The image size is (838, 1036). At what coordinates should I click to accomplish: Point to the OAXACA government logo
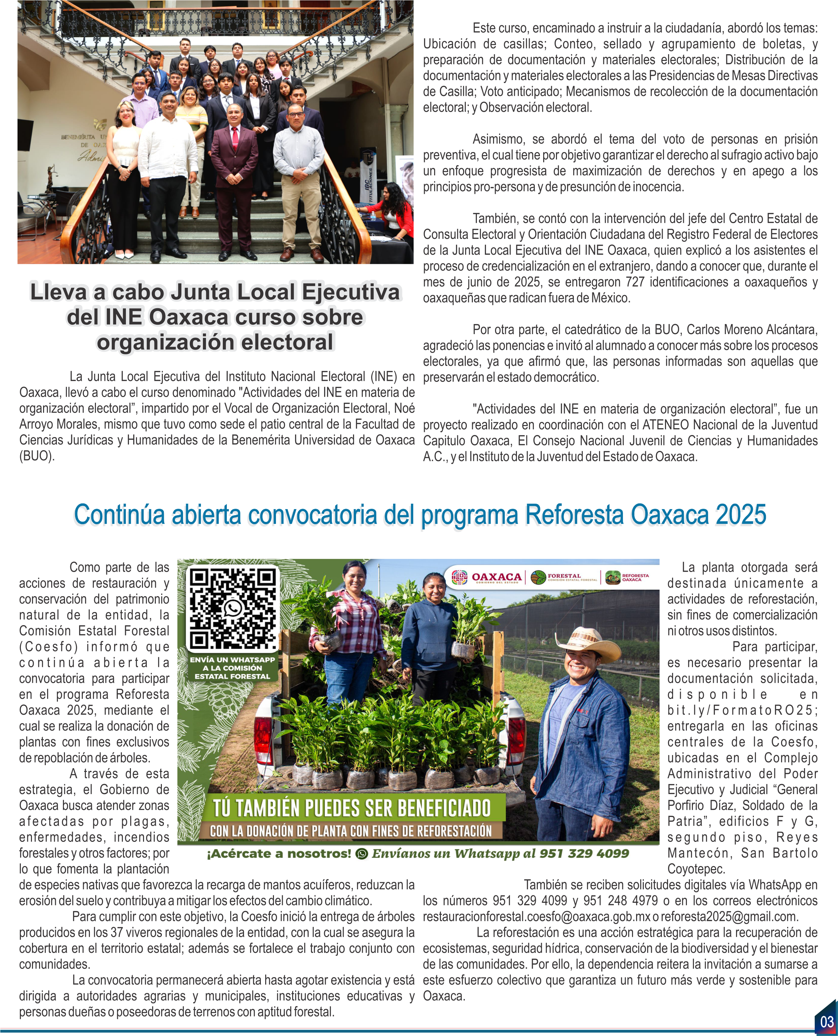point(487,577)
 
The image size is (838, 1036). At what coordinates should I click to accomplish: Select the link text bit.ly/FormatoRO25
point(742,710)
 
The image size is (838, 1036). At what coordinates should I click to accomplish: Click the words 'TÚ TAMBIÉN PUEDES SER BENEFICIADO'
point(352,808)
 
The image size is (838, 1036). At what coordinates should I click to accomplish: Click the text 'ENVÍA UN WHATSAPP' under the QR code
point(232,659)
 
